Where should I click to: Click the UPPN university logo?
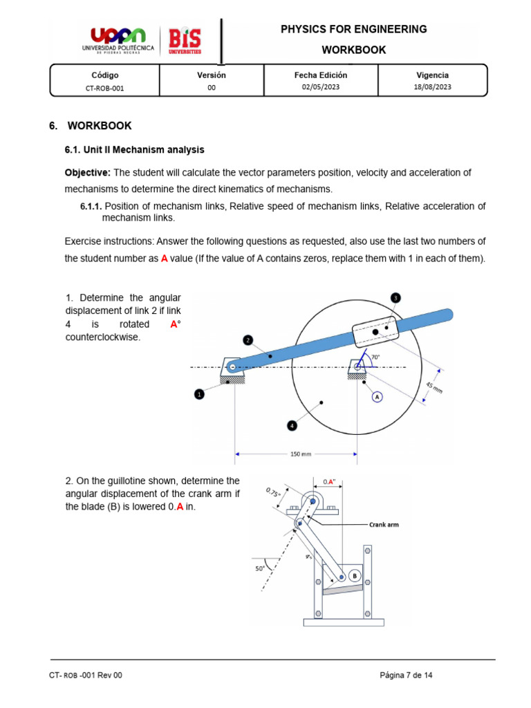coord(119,41)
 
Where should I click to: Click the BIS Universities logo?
coord(185,41)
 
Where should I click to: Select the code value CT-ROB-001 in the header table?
coord(104,88)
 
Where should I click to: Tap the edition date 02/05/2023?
coord(321,87)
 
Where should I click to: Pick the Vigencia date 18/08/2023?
coord(432,87)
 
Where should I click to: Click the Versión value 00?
coord(212,88)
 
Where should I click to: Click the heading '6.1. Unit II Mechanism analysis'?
coord(134,149)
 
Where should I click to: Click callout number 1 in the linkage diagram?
coord(199,394)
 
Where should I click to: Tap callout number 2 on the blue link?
coord(248,340)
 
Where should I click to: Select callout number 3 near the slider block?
coord(395,297)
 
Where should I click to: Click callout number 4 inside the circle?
coord(292,426)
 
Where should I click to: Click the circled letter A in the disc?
coord(378,396)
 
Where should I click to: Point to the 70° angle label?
coord(375,357)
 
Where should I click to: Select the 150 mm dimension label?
coord(296,454)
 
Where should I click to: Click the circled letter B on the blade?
coord(354,575)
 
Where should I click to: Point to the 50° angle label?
coord(260,570)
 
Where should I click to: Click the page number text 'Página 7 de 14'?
coord(407,675)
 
